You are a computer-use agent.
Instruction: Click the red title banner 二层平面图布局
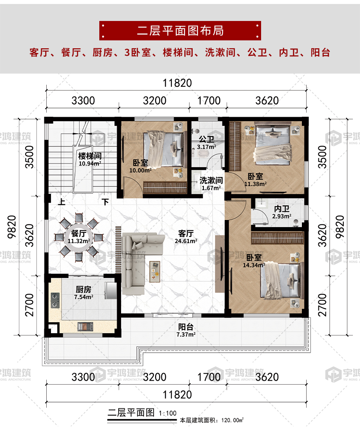point(180,30)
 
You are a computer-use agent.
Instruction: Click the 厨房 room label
point(83,289)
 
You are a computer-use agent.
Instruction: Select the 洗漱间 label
point(210,180)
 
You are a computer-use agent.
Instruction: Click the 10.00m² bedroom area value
point(140,171)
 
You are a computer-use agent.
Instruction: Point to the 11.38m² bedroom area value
point(256,183)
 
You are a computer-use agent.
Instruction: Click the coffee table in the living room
point(155,271)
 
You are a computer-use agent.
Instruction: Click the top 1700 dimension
point(209,101)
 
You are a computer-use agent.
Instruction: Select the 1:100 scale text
point(167,414)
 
